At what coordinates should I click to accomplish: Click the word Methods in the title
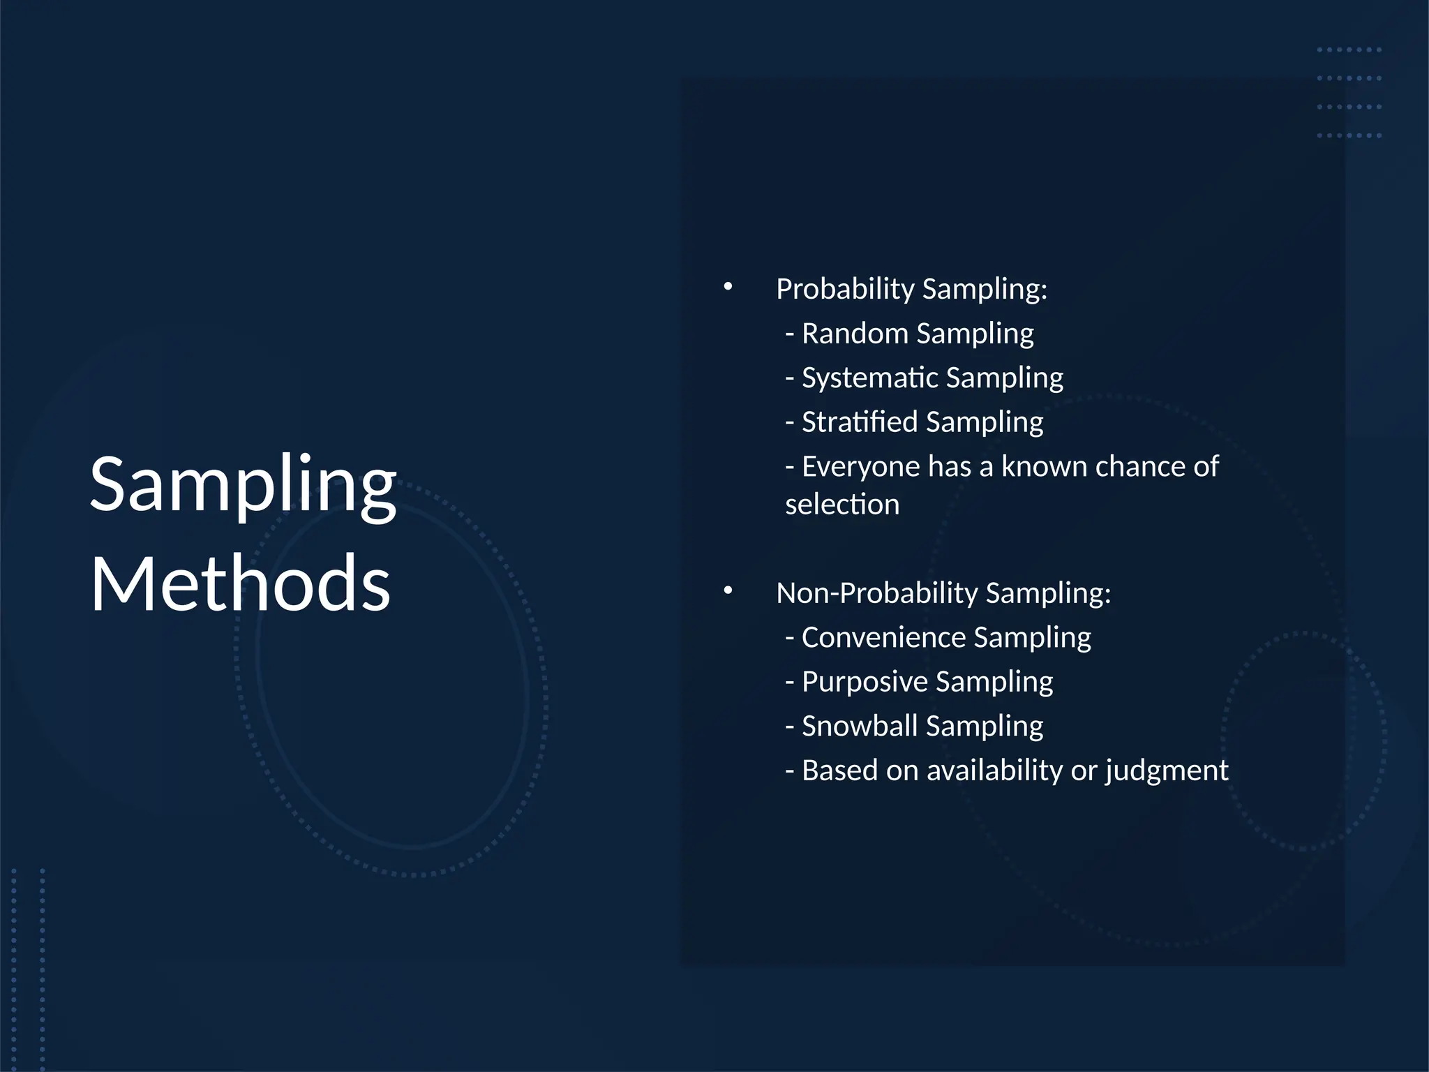(x=240, y=583)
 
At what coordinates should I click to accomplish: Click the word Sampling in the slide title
(x=243, y=484)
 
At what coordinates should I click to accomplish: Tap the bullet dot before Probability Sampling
(x=728, y=286)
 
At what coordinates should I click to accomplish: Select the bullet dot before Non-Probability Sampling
(x=728, y=590)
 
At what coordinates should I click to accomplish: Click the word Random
(x=855, y=333)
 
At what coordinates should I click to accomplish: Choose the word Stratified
(x=859, y=422)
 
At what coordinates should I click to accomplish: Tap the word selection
(x=841, y=504)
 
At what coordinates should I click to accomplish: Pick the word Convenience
(x=883, y=637)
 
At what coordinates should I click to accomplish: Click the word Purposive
(x=864, y=681)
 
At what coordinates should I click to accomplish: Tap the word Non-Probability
(x=877, y=593)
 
